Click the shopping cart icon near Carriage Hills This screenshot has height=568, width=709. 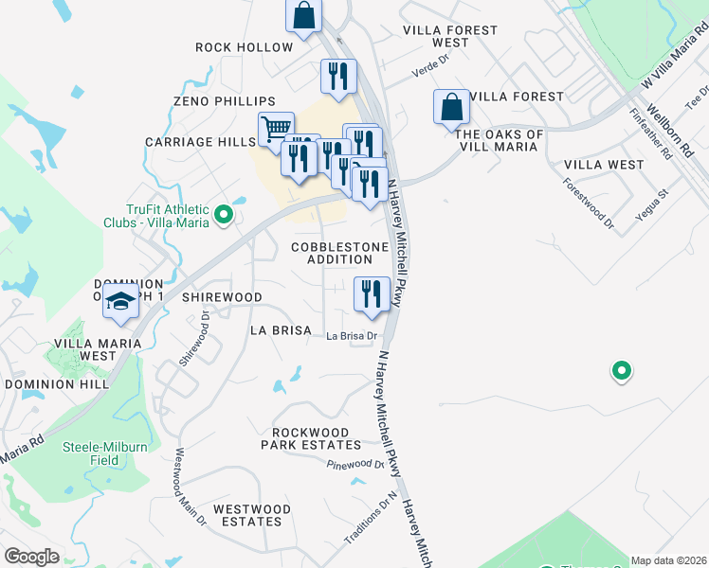[275, 129]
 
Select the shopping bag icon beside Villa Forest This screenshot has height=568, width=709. [452, 107]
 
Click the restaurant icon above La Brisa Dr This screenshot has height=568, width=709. [371, 293]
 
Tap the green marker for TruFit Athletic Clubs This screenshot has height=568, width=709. [224, 216]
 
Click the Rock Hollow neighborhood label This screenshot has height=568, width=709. [245, 47]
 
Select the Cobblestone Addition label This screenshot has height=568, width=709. [339, 253]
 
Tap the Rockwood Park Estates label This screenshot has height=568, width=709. [317, 438]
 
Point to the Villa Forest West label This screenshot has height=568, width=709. [450, 36]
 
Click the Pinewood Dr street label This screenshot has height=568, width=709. [354, 464]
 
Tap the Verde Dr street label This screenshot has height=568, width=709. [402, 72]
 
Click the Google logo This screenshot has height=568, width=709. [32, 557]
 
